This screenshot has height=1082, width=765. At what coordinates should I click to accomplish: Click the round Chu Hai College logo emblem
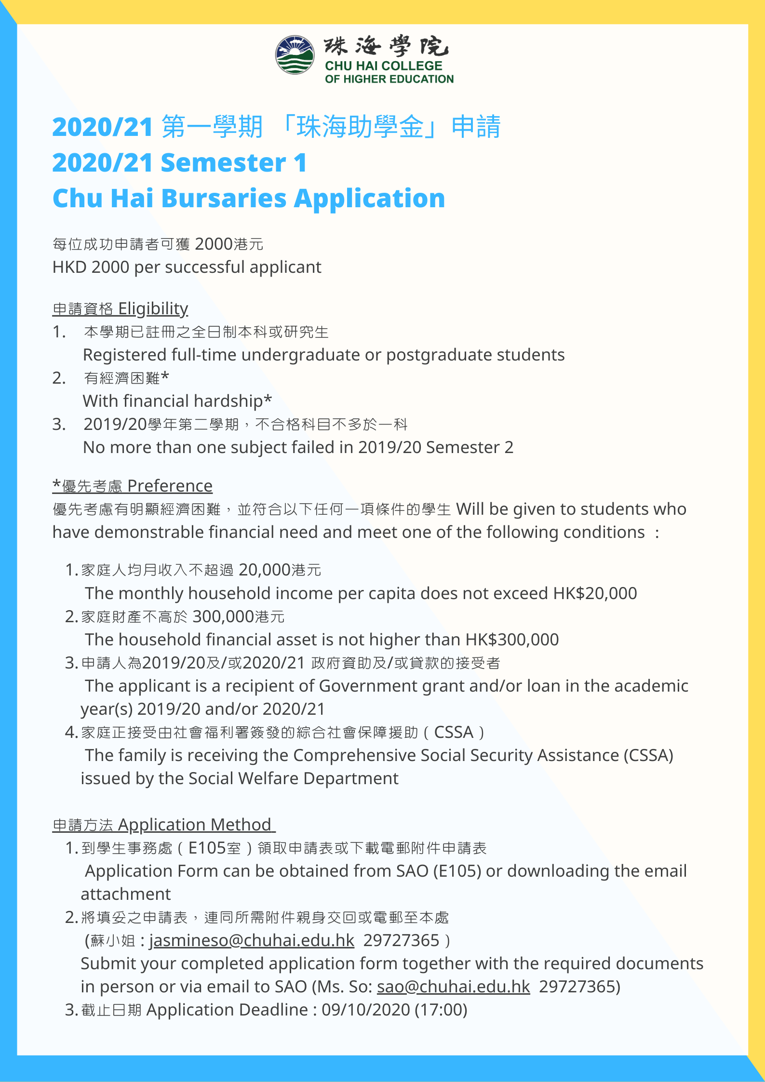[295, 54]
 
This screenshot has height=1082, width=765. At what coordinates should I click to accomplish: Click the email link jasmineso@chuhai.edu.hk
[252, 940]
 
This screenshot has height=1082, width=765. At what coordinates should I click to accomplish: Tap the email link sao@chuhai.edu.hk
[453, 987]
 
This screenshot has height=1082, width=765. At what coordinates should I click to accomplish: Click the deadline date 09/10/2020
[365, 1010]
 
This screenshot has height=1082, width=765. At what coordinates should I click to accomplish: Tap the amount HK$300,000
[512, 640]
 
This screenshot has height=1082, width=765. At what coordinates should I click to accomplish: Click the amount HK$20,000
[595, 593]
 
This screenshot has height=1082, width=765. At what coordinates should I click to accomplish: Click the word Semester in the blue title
[223, 162]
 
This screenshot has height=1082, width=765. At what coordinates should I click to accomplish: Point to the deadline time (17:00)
[441, 1010]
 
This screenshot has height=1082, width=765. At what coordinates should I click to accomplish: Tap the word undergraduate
[301, 355]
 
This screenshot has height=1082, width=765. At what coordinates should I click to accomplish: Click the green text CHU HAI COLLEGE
[383, 66]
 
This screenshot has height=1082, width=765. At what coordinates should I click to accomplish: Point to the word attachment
[125, 894]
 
